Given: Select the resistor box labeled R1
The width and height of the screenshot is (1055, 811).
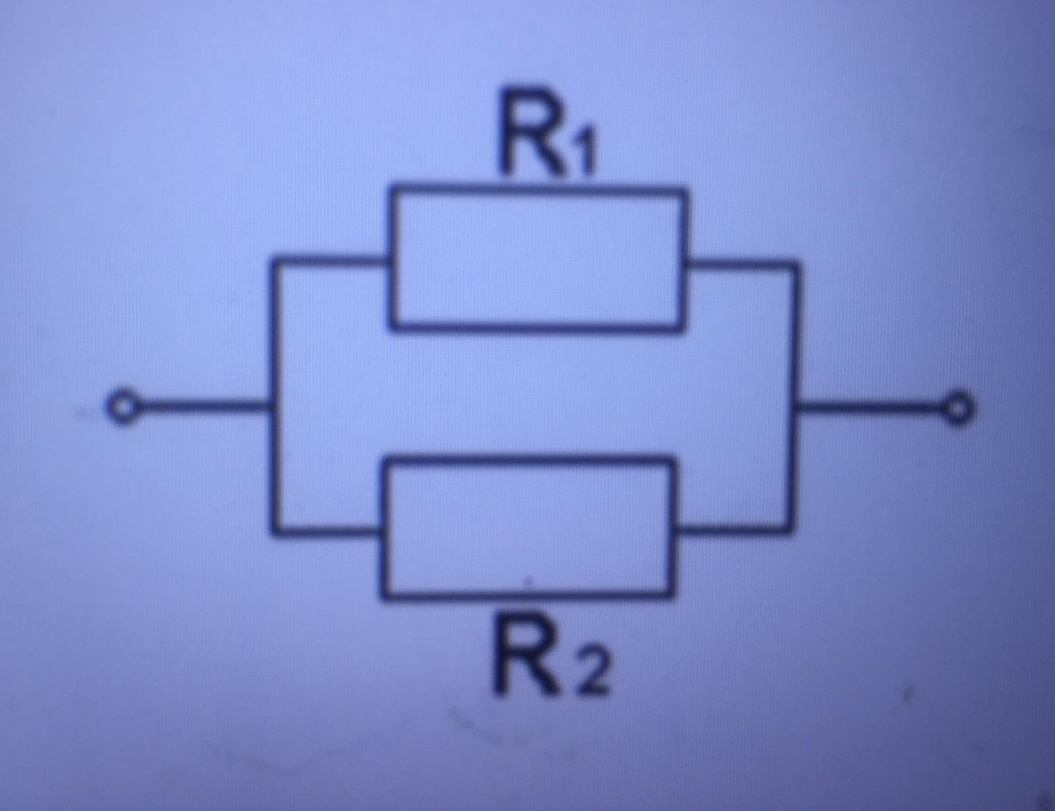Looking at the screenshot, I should [x=538, y=258].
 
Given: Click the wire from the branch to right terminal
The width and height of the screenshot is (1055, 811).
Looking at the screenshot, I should [x=874, y=409].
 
